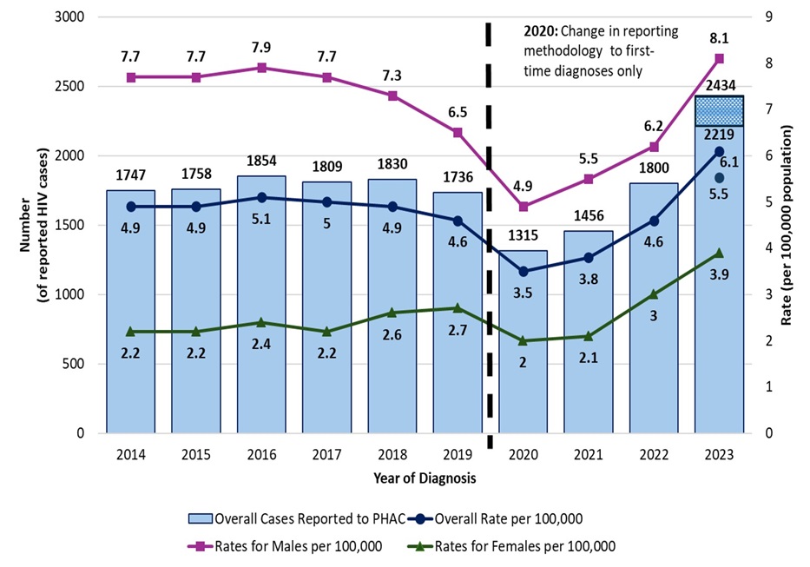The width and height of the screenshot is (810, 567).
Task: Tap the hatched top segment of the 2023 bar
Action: tap(720, 111)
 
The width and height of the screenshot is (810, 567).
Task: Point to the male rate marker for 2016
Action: tap(262, 68)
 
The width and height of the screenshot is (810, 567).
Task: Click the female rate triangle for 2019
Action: tap(458, 308)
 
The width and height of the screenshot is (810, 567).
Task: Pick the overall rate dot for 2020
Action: tap(524, 271)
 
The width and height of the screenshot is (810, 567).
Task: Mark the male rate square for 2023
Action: tap(720, 58)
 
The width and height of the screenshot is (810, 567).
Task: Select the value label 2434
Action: tap(720, 84)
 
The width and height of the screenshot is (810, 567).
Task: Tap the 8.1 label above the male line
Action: tap(720, 37)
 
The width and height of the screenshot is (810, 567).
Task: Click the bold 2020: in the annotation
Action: tap(540, 30)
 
